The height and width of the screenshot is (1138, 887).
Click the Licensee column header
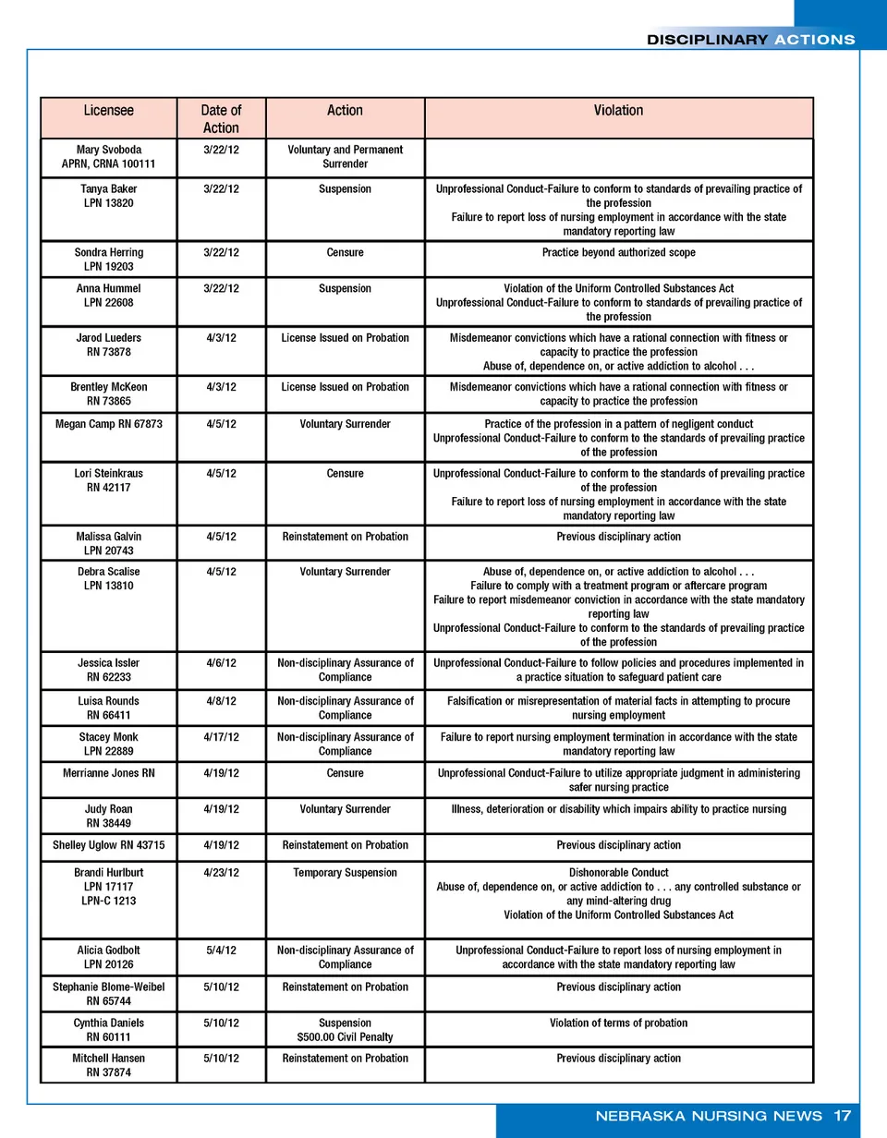click(108, 111)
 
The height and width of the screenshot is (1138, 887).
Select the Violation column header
click(618, 111)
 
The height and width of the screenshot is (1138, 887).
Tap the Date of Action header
click(220, 119)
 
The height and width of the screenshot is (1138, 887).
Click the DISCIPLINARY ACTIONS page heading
click(750, 40)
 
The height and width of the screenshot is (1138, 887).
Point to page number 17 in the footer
click(842, 1116)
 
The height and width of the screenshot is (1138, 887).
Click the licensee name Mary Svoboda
click(108, 150)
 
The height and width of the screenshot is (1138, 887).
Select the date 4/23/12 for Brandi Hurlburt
click(220, 873)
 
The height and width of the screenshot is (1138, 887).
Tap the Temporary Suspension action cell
click(345, 873)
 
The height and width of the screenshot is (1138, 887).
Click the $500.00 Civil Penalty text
click(345, 1037)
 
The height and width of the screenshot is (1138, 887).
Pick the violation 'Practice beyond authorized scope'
click(618, 252)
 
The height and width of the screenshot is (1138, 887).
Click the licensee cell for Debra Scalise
click(108, 578)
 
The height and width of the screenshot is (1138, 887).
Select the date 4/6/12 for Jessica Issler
click(220, 663)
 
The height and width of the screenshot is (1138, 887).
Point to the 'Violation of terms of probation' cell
click(618, 1023)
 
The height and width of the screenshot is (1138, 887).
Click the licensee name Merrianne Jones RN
click(108, 773)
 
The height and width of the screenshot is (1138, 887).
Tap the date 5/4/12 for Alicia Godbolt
click(220, 950)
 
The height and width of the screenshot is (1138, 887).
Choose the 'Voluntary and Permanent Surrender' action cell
click(345, 157)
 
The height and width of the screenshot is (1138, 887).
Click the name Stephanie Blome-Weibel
click(108, 987)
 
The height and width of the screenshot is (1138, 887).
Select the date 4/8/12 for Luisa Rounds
click(220, 701)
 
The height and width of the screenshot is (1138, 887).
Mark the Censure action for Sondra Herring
click(345, 252)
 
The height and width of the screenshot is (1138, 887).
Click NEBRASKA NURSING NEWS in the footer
click(709, 1116)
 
